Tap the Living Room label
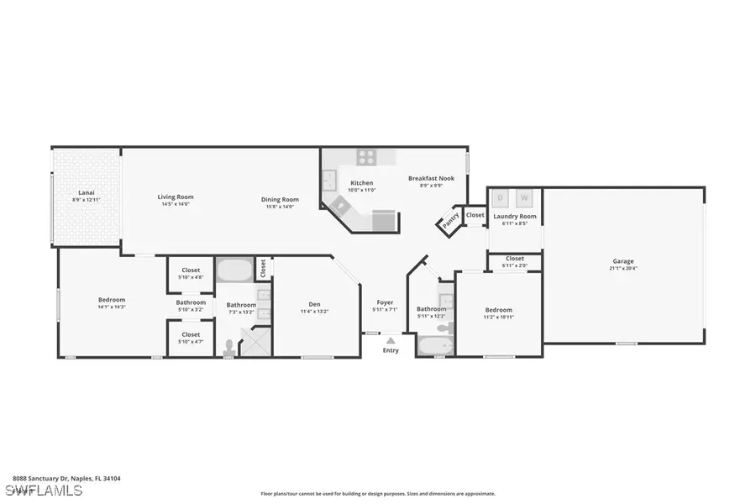[176, 197]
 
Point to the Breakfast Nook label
[426, 178]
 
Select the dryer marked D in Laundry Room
[501, 197]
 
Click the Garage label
[622, 261]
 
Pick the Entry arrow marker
[391, 340]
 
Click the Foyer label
[385, 302]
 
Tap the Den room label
[314, 304]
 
